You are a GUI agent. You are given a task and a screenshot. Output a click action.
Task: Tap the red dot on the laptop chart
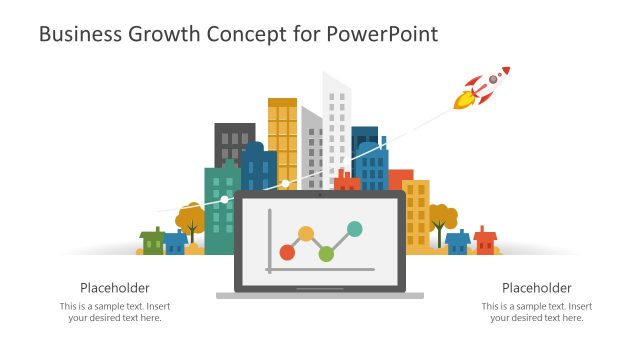pyautogui.click(x=287, y=251)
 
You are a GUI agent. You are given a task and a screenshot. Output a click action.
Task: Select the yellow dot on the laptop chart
pyautogui.click(x=306, y=234)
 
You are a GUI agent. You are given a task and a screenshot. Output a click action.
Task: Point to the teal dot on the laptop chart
pyautogui.click(x=354, y=229)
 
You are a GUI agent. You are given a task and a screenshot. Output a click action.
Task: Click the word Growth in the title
pyautogui.click(x=163, y=34)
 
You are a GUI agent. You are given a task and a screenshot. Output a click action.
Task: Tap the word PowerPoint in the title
pyautogui.click(x=385, y=34)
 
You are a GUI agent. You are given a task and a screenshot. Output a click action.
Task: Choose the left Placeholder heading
pyautogui.click(x=114, y=287)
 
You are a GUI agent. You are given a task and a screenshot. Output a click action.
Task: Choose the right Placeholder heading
pyautogui.click(x=536, y=287)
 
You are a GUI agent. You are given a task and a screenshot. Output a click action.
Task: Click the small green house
pyautogui.click(x=152, y=241)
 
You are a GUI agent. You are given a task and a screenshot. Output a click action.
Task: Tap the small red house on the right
pyautogui.click(x=485, y=240)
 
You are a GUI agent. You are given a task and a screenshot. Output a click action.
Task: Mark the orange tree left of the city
pyautogui.click(x=190, y=218)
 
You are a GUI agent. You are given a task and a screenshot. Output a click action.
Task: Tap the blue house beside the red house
pyautogui.click(x=458, y=242)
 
